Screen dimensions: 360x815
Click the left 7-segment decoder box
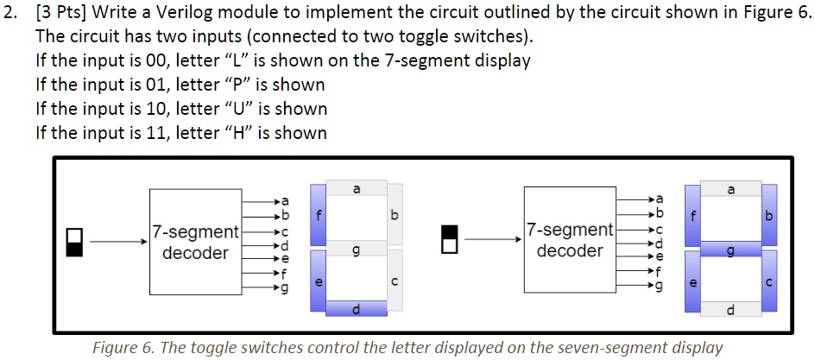pos(193,242)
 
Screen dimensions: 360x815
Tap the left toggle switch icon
pos(75,242)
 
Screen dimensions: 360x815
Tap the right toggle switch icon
pos(449,241)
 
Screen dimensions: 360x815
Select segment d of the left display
pos(357,309)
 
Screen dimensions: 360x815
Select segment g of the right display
pos(731,249)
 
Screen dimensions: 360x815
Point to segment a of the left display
pos(357,187)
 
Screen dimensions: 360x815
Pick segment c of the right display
pos(769,281)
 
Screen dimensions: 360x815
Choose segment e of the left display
pos(319,281)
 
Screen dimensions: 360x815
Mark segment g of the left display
pos(357,249)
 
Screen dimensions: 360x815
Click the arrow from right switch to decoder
pos(492,241)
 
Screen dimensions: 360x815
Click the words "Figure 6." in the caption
pos(126,348)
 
